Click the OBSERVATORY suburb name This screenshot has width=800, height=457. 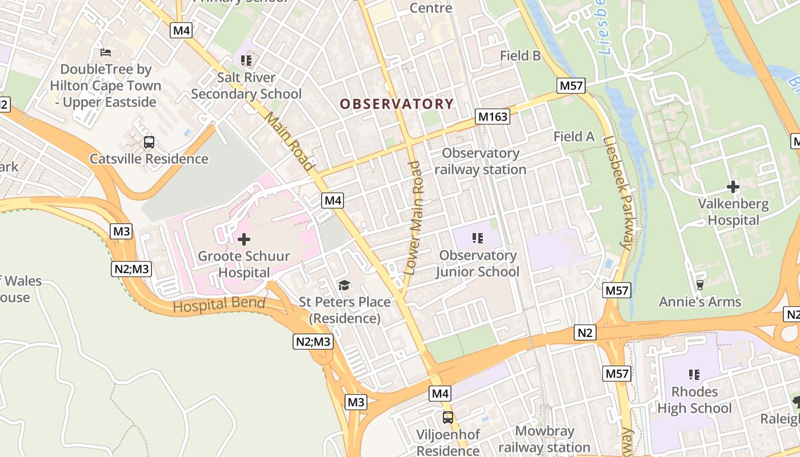397,104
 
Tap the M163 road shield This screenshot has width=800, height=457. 492,117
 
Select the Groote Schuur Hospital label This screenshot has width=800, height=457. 244,264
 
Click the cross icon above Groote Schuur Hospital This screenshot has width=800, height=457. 244,239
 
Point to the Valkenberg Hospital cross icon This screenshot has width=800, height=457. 733,186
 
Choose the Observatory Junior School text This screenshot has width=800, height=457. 478,263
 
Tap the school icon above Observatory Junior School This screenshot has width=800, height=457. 478,238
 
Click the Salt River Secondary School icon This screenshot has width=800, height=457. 246,60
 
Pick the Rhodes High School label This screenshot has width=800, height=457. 694,400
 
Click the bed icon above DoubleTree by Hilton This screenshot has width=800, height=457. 106,53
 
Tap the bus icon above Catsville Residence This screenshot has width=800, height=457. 149,142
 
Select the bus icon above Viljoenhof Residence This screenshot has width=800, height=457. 448,417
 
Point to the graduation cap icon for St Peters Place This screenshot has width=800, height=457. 344,285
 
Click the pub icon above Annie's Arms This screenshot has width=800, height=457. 699,284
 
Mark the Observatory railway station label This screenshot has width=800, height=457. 481,161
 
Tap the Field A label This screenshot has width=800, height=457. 574,137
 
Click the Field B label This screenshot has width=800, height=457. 520,55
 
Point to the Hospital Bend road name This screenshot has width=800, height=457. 219,304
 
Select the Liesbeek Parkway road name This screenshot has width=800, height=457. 618,194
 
